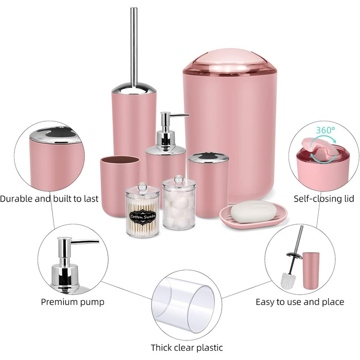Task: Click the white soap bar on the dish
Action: [254, 211]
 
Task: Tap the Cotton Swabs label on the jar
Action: [143, 217]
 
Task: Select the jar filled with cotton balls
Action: [179, 203]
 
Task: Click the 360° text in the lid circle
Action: [326, 130]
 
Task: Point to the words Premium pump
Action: [73, 302]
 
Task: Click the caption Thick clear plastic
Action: [187, 347]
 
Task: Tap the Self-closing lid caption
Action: [324, 199]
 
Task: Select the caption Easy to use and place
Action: [300, 302]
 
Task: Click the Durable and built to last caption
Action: [49, 199]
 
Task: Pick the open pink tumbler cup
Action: [119, 186]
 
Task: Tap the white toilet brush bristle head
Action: [289, 280]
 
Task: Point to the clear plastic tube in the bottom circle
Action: [184, 304]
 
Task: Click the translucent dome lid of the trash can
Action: [229, 62]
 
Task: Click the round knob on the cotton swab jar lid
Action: [142, 186]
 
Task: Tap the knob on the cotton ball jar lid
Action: [179, 179]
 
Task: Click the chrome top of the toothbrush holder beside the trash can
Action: [208, 157]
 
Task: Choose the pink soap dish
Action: [253, 217]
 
